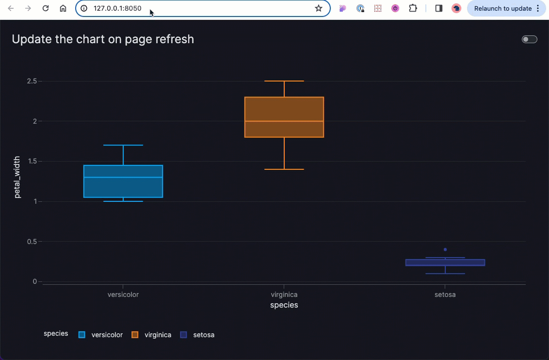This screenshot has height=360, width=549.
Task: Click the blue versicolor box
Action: click(x=123, y=181)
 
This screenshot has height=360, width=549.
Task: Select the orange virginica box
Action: click(x=284, y=117)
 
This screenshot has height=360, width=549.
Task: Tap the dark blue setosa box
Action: click(x=445, y=262)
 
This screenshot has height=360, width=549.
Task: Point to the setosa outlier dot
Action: click(x=445, y=249)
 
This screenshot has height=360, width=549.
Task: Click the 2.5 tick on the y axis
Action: click(x=32, y=81)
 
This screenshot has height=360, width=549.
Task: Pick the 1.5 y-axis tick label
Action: click(x=32, y=161)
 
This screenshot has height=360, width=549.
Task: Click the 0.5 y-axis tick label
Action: click(x=32, y=242)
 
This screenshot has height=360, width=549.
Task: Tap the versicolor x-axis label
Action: click(x=123, y=295)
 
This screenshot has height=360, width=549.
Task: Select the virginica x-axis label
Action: click(x=284, y=295)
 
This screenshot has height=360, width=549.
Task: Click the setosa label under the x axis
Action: click(x=445, y=295)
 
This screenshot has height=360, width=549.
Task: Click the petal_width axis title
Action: click(x=17, y=177)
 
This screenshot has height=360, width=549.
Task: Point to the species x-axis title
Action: click(x=284, y=305)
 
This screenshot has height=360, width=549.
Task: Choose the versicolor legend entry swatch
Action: click(x=82, y=335)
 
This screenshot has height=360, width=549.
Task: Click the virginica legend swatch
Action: click(x=135, y=335)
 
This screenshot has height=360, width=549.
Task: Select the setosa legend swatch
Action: click(x=183, y=335)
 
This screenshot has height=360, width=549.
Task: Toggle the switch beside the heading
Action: click(x=529, y=39)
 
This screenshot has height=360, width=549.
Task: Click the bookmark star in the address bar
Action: click(x=319, y=8)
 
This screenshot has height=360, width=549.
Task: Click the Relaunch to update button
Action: click(x=506, y=8)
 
